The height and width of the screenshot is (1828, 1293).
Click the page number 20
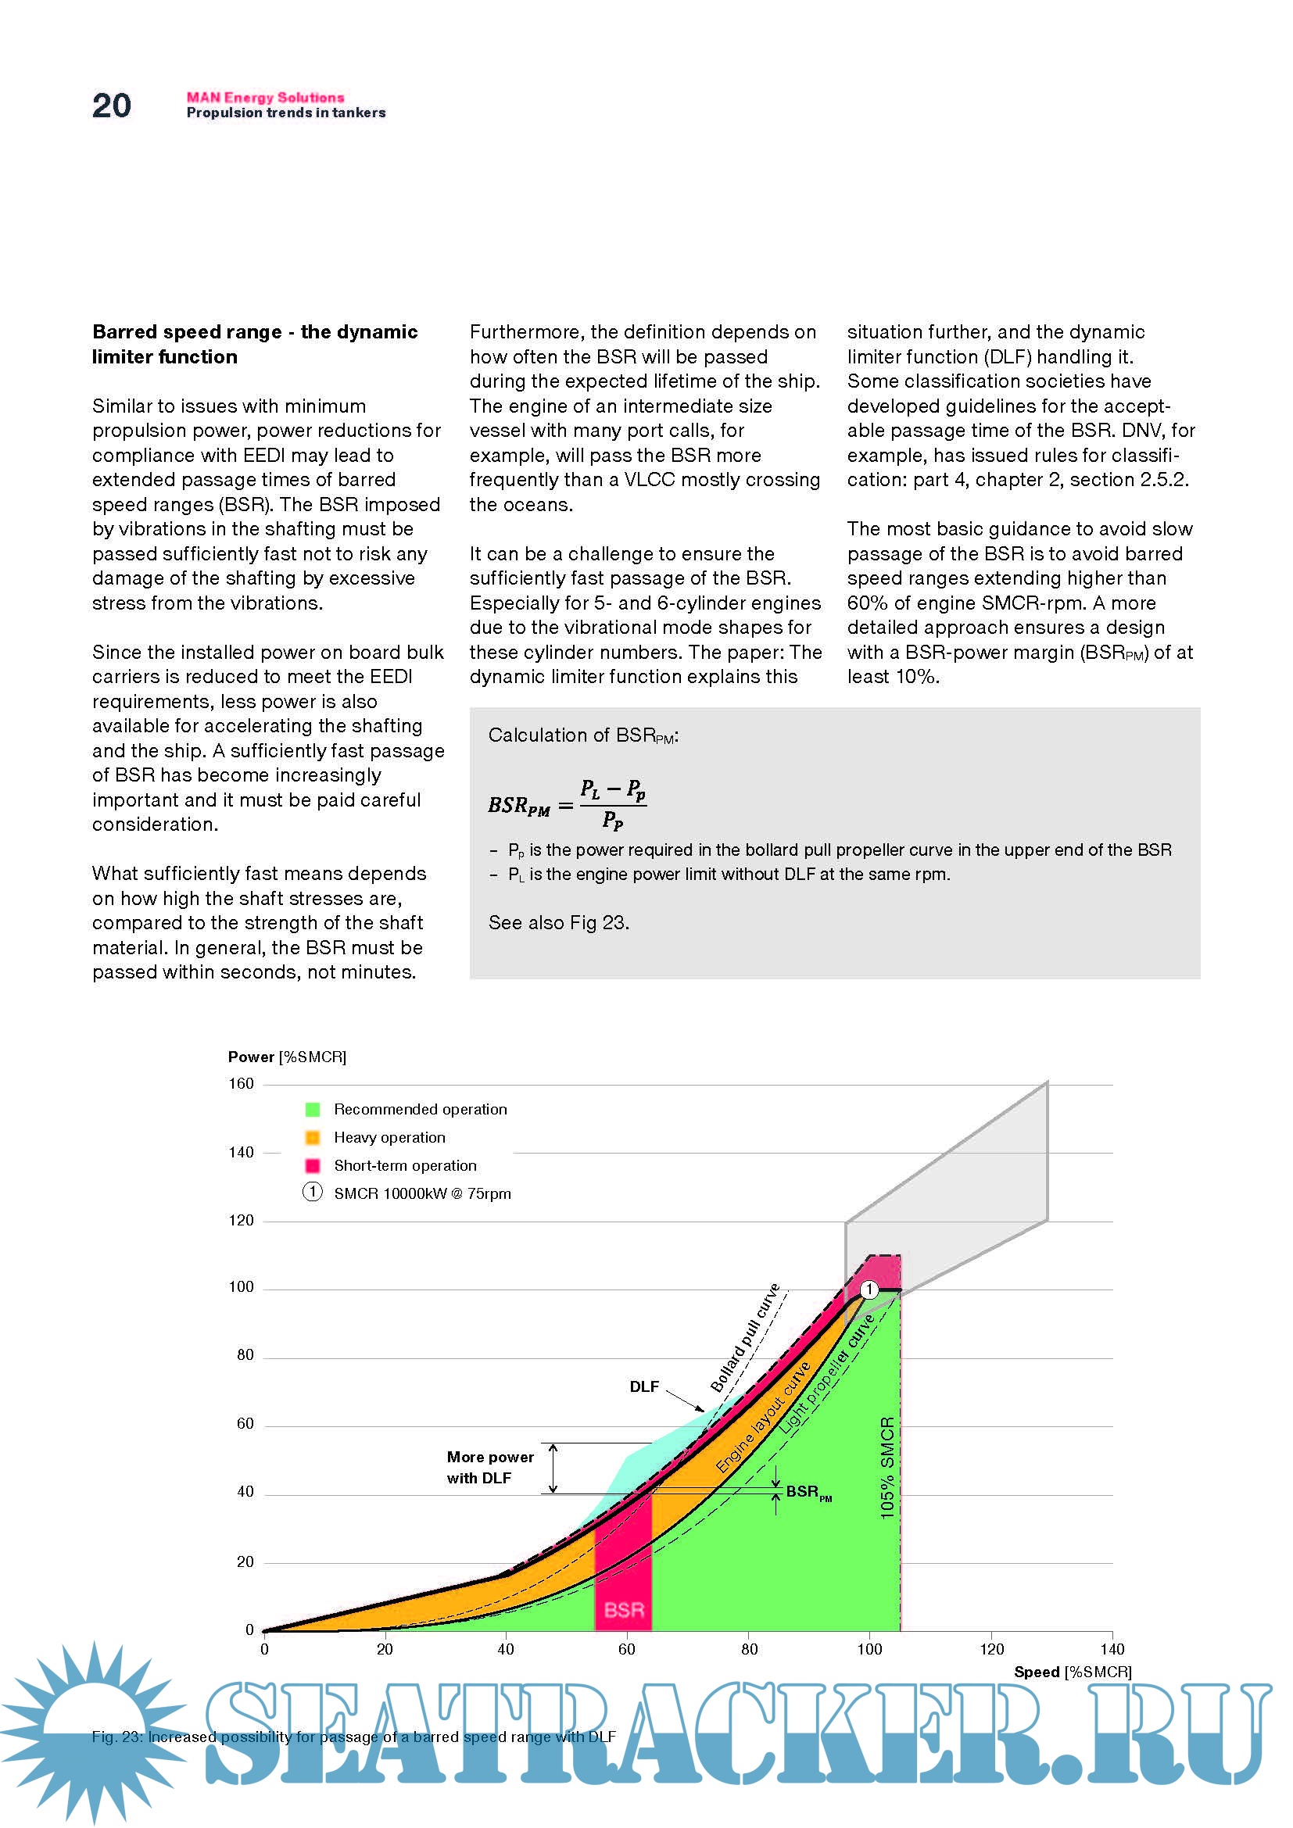[112, 106]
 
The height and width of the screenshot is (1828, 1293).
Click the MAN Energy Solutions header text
[265, 97]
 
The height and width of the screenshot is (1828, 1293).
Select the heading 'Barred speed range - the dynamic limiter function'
[255, 344]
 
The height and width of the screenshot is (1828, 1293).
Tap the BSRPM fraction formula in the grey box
[567, 804]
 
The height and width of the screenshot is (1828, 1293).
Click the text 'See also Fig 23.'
[558, 923]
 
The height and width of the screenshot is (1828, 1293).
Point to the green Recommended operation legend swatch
[313, 1109]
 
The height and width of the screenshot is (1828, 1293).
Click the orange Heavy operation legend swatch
[313, 1138]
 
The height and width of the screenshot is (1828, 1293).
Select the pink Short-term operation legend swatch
[313, 1165]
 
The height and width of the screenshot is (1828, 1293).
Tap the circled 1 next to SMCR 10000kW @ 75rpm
[313, 1192]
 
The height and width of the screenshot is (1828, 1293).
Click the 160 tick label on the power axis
[242, 1083]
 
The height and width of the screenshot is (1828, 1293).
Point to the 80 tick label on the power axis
[245, 1355]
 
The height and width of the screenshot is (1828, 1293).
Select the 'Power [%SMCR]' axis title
[287, 1057]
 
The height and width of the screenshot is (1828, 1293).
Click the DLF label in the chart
[644, 1387]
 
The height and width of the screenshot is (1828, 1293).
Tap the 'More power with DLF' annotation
[489, 1468]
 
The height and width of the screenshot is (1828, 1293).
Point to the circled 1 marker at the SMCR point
[869, 1289]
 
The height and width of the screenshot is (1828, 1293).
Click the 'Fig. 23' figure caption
[353, 1737]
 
